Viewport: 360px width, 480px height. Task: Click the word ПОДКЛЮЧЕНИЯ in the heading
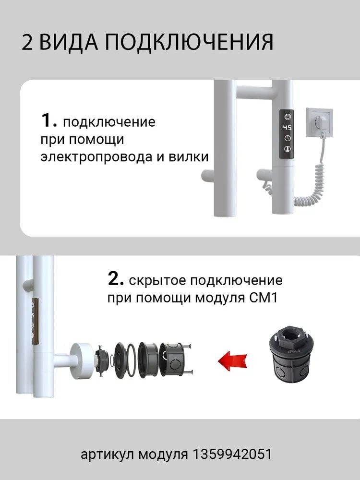189,42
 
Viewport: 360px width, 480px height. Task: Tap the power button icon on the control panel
287,116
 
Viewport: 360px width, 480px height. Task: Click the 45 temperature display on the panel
287,128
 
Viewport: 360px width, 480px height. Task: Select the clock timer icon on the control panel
287,139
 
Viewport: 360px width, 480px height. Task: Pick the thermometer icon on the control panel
287,149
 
